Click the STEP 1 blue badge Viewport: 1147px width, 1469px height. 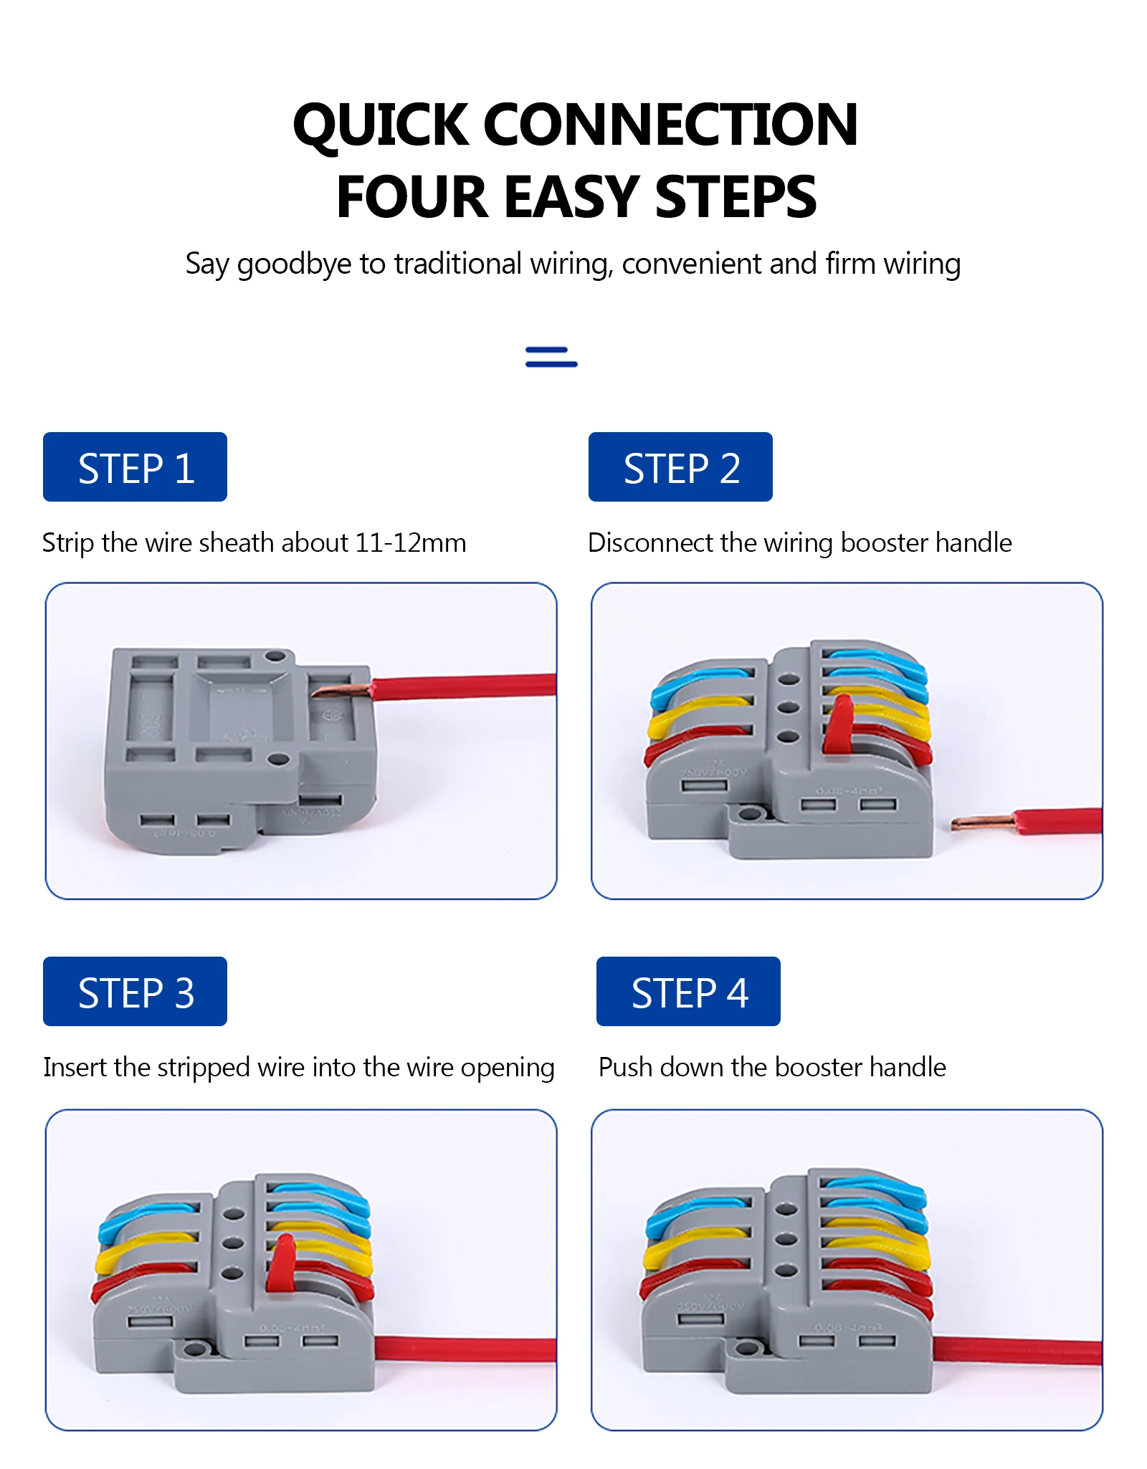[135, 467]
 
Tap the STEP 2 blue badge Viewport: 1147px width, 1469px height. [680, 467]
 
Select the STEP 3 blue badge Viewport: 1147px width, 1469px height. [135, 991]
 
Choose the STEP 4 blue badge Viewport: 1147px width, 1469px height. [688, 991]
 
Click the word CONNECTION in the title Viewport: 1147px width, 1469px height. [670, 125]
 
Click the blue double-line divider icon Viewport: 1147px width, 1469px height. [551, 357]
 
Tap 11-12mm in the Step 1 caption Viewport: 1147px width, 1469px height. [410, 543]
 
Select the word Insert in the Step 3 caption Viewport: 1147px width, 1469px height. [75, 1067]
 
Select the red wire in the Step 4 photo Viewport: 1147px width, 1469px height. [1018, 1351]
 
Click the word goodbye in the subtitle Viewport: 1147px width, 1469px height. [294, 264]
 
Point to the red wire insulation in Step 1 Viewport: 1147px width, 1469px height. [466, 686]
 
